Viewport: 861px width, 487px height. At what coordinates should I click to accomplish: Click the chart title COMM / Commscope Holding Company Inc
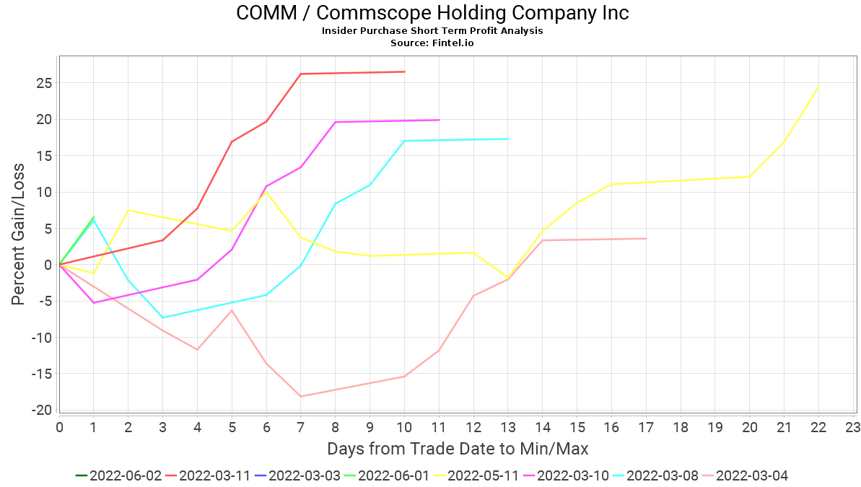coord(432,13)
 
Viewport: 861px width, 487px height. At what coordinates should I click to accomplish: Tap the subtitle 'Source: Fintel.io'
coord(432,43)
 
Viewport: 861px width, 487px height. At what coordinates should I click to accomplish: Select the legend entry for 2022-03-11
coord(209,475)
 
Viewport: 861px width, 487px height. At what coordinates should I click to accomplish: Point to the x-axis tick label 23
coord(852,427)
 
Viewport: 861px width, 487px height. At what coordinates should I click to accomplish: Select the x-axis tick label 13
coord(507,427)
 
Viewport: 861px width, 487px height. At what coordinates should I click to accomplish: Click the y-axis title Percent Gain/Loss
coord(18,234)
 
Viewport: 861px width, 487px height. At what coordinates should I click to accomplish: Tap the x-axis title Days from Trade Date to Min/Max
coord(458,449)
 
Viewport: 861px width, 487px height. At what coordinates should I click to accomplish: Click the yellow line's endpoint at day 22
coord(818,87)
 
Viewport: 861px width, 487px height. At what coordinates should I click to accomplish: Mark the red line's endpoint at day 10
coord(404,71)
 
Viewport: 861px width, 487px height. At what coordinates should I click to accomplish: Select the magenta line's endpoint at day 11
coord(439,120)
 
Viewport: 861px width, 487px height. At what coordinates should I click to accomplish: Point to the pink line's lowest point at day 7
coord(301,396)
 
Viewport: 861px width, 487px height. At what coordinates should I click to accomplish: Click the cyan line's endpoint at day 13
coord(508,139)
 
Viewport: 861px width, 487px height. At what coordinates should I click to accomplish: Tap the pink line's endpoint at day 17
coord(646,238)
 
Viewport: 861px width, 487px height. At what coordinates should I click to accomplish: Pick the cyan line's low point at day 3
coord(163,317)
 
